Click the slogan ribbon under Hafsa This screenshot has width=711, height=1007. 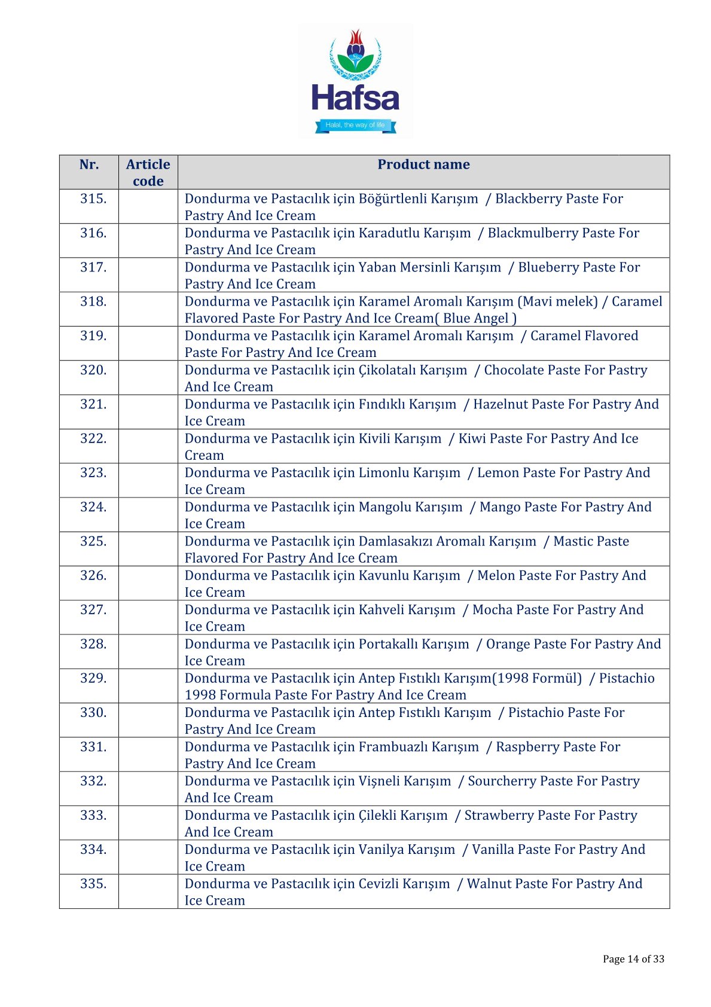[355, 126]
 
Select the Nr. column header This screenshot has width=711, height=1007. [89, 164]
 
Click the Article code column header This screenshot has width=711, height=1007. [148, 172]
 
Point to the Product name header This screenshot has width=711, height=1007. [423, 164]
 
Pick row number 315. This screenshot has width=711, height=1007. [93, 199]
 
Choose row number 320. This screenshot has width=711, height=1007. [93, 370]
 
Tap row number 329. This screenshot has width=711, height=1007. [93, 678]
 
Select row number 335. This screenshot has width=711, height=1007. [93, 884]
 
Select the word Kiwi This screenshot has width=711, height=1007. [472, 438]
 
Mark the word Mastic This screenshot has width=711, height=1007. [573, 541]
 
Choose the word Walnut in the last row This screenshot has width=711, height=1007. [487, 884]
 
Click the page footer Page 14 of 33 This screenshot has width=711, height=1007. [633, 959]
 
